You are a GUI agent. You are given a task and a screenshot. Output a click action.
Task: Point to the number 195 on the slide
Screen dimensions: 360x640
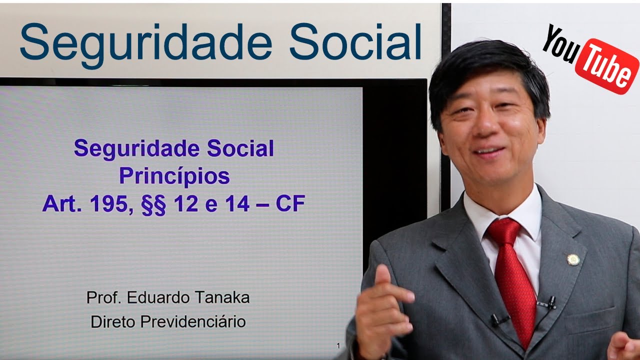point(105,204)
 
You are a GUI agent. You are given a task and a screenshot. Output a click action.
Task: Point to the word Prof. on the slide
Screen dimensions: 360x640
point(104,297)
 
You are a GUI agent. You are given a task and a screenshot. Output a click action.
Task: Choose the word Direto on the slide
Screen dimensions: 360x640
point(113,321)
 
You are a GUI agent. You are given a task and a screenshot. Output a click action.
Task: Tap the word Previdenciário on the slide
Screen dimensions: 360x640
point(193,321)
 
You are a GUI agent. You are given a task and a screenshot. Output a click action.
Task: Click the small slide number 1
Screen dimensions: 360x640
point(338,345)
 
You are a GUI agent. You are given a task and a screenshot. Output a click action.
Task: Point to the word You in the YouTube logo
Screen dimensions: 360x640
point(558,43)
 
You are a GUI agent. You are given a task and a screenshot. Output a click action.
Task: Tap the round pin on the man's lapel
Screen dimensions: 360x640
point(572,259)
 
